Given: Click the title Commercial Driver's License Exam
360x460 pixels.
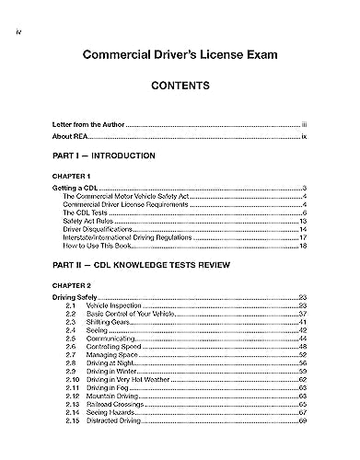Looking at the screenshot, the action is pyautogui.click(x=180, y=54).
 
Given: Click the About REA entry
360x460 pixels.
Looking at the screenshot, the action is pyautogui.click(x=70, y=135).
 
